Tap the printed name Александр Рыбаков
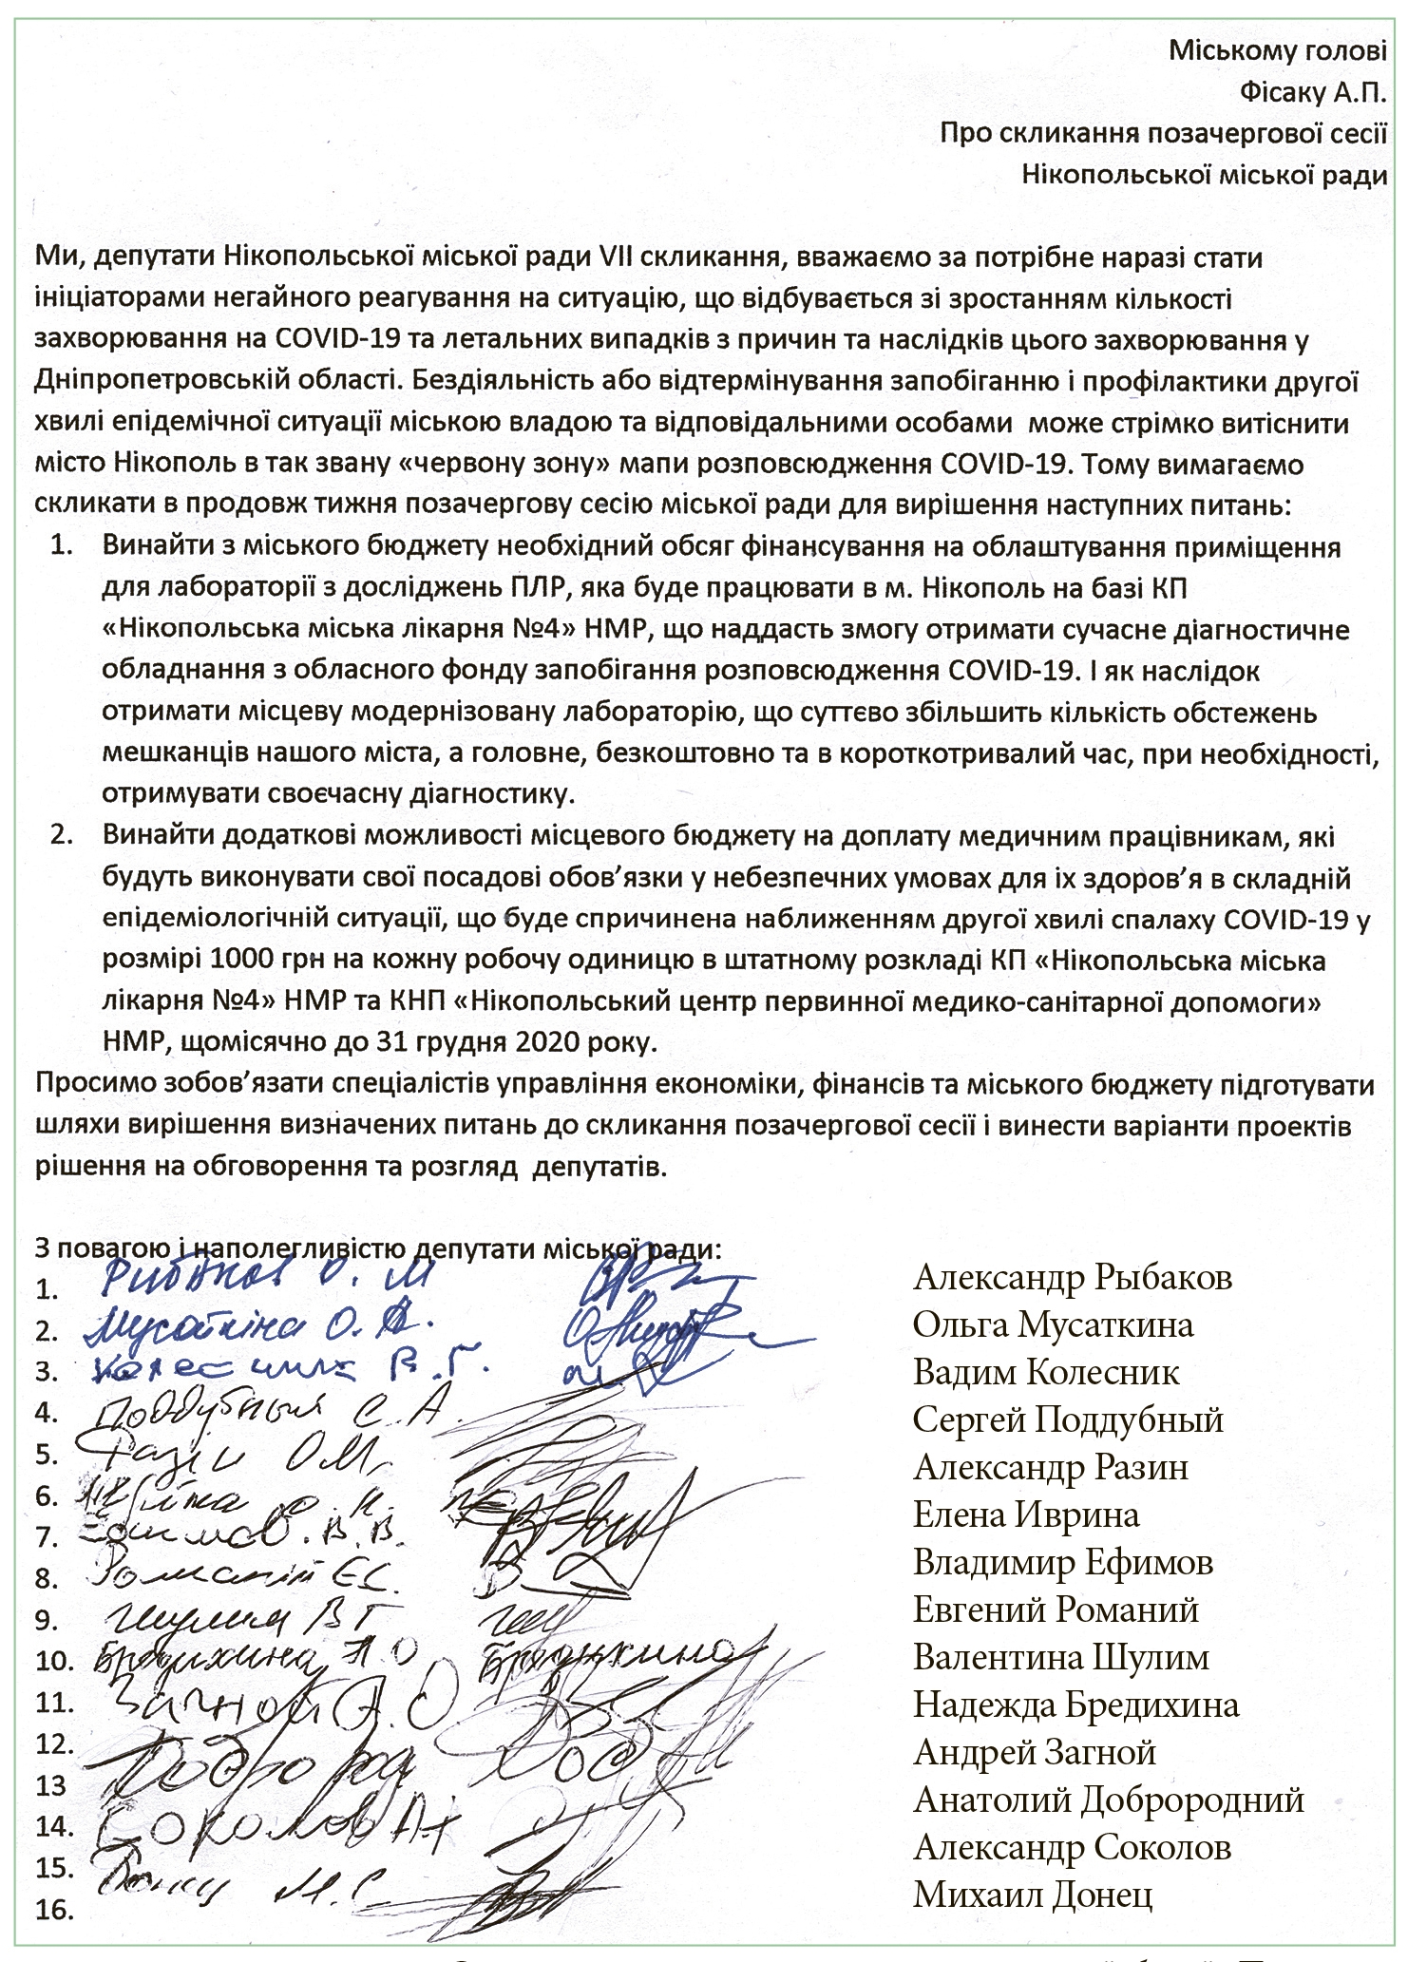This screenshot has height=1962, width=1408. click(1073, 1278)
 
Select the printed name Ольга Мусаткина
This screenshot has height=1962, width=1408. click(1053, 1325)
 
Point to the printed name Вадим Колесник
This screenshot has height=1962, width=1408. click(1046, 1373)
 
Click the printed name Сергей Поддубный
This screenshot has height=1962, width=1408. click(1068, 1420)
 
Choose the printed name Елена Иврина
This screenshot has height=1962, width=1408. click(1026, 1515)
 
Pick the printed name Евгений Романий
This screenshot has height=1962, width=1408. click(1056, 1610)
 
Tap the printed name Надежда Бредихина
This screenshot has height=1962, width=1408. click(1075, 1705)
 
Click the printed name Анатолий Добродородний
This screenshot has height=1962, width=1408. click(1108, 1800)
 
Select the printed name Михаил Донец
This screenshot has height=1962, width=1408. click(1033, 1895)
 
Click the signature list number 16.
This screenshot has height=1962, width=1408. click(54, 1909)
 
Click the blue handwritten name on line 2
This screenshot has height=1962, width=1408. click(257, 1326)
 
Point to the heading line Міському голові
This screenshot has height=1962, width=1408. click(1277, 49)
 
